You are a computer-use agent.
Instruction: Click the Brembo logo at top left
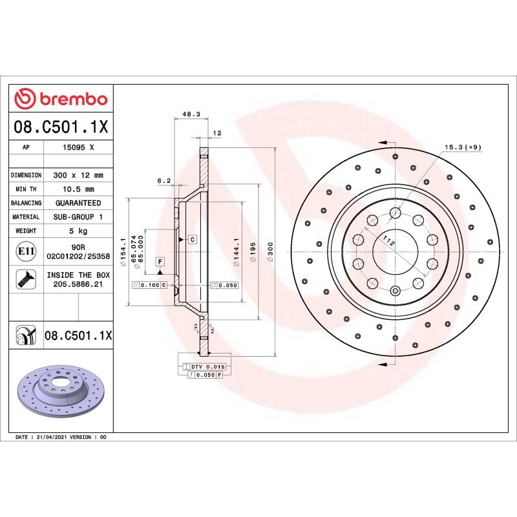(x=61, y=99)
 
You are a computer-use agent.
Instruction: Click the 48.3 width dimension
(x=191, y=114)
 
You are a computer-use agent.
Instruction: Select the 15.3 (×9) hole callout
(x=462, y=147)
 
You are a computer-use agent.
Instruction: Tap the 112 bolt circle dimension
(x=389, y=242)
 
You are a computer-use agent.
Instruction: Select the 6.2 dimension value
(x=164, y=181)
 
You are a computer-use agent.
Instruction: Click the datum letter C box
(x=193, y=239)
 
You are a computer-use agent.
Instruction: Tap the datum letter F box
(x=160, y=261)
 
